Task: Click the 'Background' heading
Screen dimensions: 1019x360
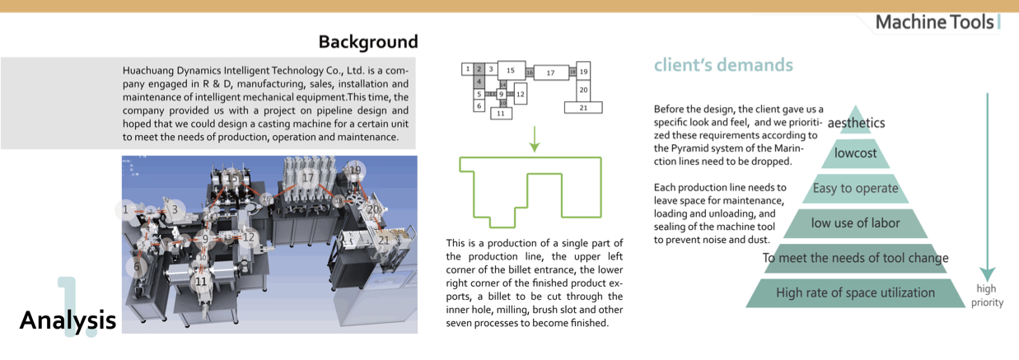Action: [367, 41]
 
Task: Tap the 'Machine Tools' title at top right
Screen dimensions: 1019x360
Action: [934, 22]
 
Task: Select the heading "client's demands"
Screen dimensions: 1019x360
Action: [723, 65]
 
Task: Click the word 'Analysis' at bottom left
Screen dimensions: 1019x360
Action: [68, 320]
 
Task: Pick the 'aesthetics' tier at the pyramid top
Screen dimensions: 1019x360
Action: [856, 124]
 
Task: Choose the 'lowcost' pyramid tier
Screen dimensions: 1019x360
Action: [855, 153]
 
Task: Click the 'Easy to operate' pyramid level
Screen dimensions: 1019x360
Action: [855, 189]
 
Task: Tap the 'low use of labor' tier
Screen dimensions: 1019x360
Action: [855, 222]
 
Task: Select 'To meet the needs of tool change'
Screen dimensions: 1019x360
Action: [855, 258]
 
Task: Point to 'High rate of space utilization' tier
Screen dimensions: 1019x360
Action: [855, 292]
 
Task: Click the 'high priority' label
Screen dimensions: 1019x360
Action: [987, 295]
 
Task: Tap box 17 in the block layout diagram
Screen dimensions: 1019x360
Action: [551, 72]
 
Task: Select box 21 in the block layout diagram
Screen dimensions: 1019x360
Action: [583, 107]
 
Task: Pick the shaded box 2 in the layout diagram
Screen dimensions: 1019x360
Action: [478, 69]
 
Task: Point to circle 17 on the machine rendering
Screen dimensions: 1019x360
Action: [307, 177]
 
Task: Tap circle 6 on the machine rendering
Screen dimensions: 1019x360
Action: [138, 266]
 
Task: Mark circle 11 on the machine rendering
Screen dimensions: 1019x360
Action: [200, 281]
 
